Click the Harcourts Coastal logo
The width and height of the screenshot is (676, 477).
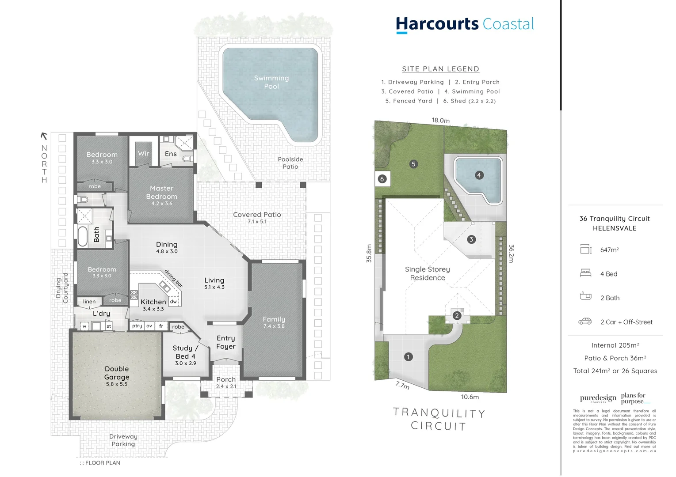(465, 24)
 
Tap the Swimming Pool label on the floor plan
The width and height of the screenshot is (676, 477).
(271, 82)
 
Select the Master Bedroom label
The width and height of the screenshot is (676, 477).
(161, 193)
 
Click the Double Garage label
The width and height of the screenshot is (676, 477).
(117, 374)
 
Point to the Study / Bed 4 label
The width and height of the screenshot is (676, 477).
(185, 352)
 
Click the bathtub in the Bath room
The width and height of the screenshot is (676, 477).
(83, 236)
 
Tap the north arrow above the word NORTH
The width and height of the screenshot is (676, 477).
(44, 136)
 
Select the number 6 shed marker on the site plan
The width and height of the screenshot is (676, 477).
(382, 179)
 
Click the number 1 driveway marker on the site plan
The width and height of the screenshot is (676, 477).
(408, 357)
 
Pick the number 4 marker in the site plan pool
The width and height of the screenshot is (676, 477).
(478, 175)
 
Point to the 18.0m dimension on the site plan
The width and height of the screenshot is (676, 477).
(440, 121)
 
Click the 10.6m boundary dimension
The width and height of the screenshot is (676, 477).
(470, 397)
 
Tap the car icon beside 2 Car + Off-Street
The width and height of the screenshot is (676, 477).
(585, 322)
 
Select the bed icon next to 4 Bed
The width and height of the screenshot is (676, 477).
(585, 273)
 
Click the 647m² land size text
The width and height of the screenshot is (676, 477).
(609, 250)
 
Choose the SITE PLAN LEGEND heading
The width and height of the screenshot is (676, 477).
(440, 69)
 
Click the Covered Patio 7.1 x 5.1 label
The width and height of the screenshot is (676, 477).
(257, 217)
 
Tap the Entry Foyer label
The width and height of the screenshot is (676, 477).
(225, 342)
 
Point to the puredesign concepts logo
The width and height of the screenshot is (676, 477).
(598, 398)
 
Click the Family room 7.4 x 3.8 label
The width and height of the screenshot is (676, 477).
(274, 322)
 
